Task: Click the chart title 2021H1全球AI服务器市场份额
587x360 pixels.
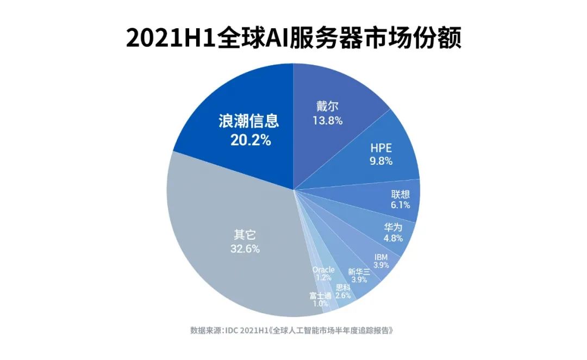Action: [x=293, y=39]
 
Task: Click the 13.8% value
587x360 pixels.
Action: [x=327, y=120]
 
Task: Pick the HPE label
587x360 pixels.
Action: [x=380, y=147]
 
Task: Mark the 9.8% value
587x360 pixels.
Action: [x=380, y=161]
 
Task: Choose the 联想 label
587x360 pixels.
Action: [x=400, y=194]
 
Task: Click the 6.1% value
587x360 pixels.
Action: [x=400, y=205]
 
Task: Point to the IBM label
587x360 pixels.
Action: [x=381, y=257]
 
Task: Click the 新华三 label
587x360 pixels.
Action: [x=359, y=272]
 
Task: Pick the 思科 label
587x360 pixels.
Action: [x=343, y=288]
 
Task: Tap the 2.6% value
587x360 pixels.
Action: [x=343, y=296]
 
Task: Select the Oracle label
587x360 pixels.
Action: [x=323, y=270]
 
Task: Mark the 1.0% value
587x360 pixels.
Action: [x=320, y=304]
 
